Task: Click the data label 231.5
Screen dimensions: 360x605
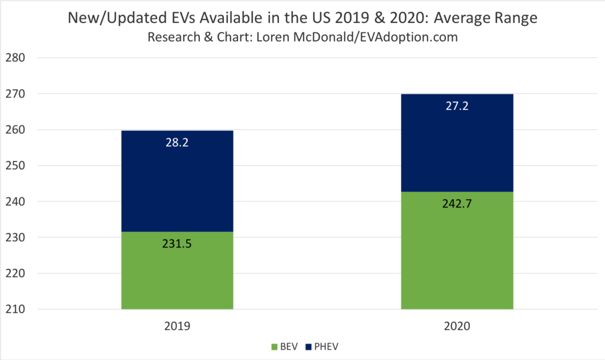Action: point(177,242)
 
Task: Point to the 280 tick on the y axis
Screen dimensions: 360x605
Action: point(15,58)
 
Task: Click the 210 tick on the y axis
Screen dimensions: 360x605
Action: point(15,309)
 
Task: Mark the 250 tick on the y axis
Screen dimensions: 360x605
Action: point(15,166)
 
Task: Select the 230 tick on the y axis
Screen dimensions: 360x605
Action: point(15,238)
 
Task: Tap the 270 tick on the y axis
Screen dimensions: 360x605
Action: point(15,94)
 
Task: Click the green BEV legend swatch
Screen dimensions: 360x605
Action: point(274,346)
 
